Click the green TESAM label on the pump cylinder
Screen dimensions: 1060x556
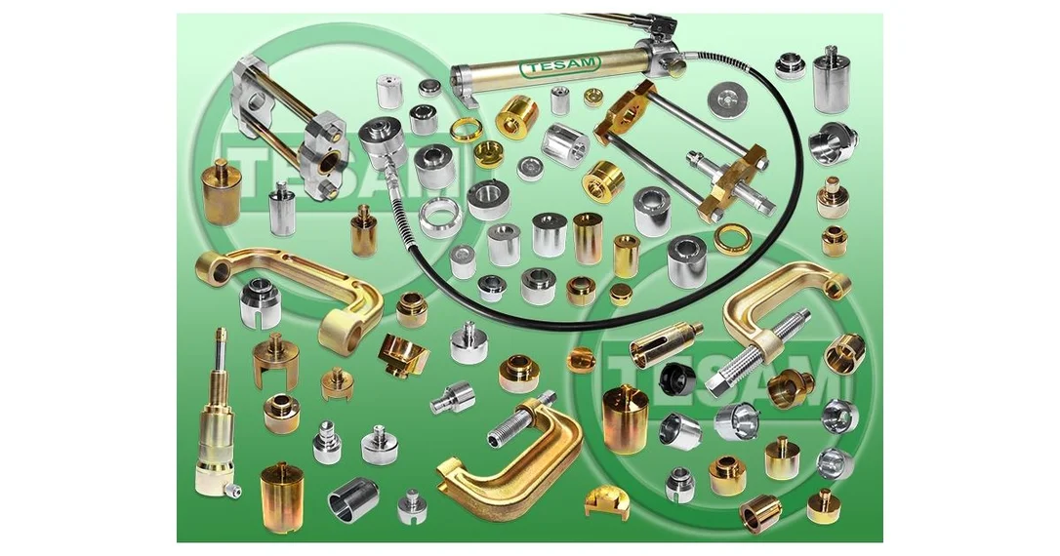click(x=559, y=65)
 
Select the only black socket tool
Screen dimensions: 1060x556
click(x=677, y=379)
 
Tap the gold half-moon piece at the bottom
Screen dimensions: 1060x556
click(x=606, y=502)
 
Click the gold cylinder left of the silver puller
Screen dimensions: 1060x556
click(x=221, y=192)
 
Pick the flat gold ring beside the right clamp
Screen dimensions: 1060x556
click(x=732, y=238)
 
